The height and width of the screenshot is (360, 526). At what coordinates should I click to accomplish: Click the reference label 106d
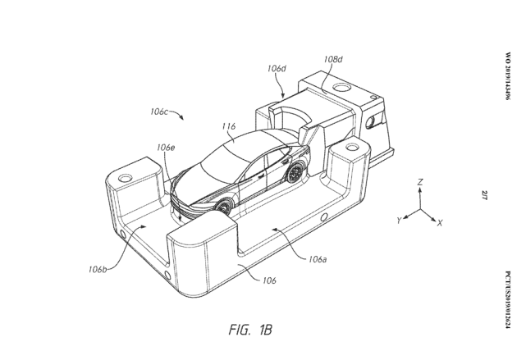click(277, 68)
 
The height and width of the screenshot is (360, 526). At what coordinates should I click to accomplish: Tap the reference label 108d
click(333, 59)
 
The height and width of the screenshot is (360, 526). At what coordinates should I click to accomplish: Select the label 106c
click(158, 112)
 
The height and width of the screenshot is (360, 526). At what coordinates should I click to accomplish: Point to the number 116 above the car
click(229, 126)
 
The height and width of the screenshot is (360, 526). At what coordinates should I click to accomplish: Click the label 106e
click(166, 148)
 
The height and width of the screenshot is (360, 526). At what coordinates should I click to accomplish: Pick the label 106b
click(98, 269)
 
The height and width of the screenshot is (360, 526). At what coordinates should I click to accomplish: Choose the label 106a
click(318, 259)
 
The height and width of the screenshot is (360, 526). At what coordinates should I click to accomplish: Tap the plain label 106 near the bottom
click(269, 280)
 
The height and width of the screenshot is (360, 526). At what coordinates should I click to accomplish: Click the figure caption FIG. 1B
click(250, 330)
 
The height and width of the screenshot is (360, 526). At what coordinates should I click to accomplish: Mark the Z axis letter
click(420, 182)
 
